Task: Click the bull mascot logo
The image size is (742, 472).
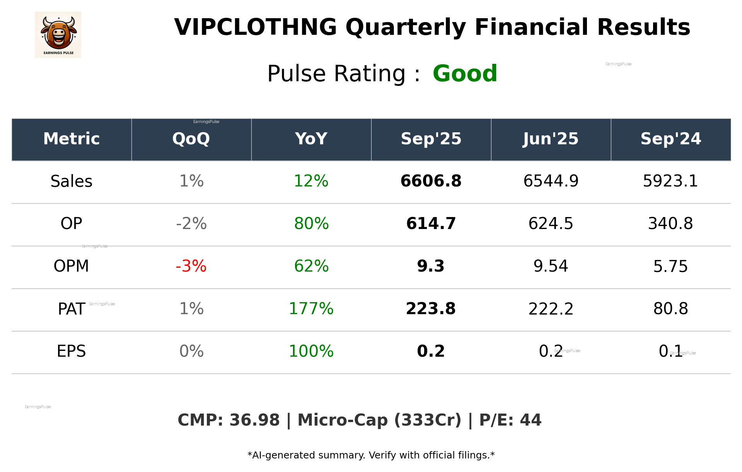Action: (58, 34)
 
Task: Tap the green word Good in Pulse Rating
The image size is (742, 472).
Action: (464, 74)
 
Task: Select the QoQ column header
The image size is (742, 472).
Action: (191, 139)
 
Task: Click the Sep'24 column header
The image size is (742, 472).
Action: (670, 139)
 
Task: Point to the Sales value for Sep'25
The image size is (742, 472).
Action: (431, 181)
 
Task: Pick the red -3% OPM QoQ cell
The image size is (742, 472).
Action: (191, 266)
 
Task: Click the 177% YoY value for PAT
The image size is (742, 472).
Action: (311, 309)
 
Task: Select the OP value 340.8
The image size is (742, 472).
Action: (670, 224)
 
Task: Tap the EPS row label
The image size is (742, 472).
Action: (71, 351)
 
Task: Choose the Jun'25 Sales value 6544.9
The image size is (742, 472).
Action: (551, 181)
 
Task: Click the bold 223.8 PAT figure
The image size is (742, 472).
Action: (431, 309)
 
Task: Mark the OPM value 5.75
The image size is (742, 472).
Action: (670, 266)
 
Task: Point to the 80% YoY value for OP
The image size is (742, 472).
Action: (311, 224)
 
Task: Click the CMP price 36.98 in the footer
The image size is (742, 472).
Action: (254, 420)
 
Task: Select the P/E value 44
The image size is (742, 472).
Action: (530, 420)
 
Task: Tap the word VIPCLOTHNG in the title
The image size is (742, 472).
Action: (255, 27)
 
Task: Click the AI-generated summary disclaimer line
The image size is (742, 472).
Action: (371, 455)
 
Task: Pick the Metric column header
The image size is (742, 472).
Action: (72, 139)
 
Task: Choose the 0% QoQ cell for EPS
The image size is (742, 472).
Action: (191, 351)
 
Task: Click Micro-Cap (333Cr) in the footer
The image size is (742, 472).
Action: (379, 420)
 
